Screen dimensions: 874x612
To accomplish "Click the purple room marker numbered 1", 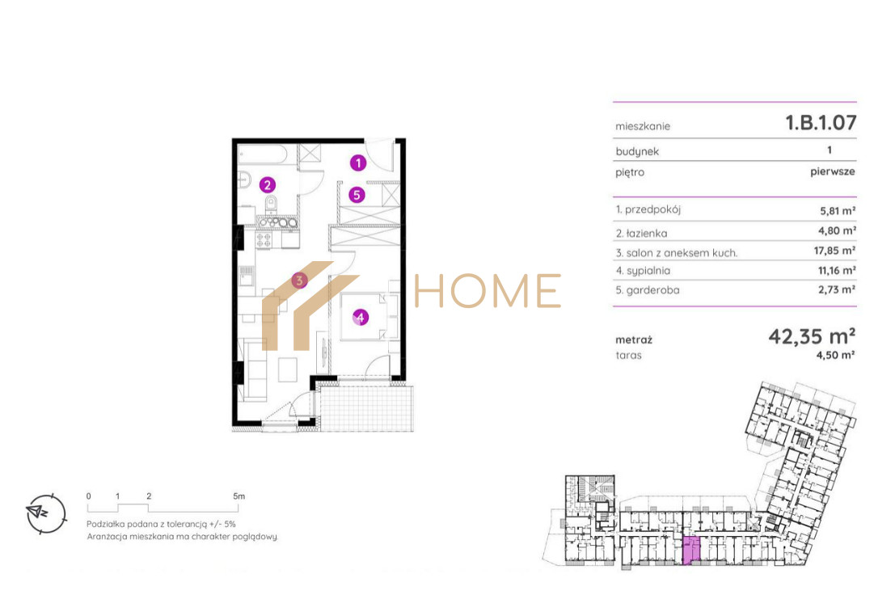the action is [x=358, y=162].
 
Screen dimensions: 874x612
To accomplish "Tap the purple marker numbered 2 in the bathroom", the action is [x=268, y=185].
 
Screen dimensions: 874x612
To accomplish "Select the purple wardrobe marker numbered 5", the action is [x=357, y=195].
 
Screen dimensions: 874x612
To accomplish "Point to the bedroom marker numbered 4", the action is [x=361, y=318].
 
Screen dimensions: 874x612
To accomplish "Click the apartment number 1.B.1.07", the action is [x=821, y=123].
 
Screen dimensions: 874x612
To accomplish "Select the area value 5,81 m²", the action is [x=837, y=211].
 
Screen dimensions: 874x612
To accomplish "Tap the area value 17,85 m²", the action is [x=834, y=251].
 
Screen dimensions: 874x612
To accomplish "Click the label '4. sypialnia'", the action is [x=643, y=271].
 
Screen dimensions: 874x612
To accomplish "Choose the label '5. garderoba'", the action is [x=647, y=290].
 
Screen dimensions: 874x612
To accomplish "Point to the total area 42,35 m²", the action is [x=812, y=336].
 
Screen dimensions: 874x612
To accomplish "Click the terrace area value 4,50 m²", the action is [x=835, y=355].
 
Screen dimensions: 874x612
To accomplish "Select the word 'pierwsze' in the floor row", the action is [x=832, y=171].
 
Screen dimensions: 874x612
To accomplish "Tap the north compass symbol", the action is [x=46, y=513].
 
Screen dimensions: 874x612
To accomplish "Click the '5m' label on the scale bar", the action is [x=239, y=496].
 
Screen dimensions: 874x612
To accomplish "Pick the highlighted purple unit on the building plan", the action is [x=691, y=551].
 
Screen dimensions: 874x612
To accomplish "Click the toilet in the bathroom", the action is [x=271, y=204].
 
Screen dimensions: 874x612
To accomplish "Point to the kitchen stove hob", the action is [x=264, y=240].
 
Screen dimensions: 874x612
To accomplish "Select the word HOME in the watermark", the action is [x=488, y=290].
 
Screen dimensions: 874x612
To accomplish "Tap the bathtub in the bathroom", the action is [x=263, y=154].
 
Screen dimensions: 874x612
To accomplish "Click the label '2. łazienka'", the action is [x=641, y=234].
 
